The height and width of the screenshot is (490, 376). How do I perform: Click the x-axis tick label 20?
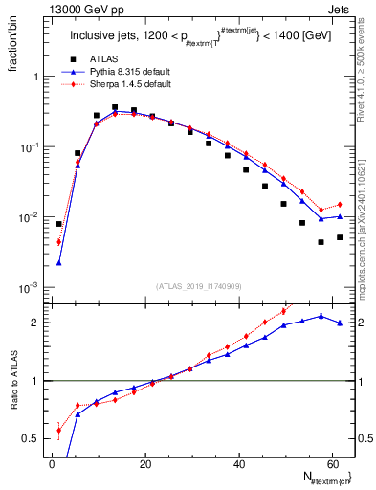point(145,463)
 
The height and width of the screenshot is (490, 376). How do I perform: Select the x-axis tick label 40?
point(239,463)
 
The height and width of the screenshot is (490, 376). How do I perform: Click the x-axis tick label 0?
point(53,463)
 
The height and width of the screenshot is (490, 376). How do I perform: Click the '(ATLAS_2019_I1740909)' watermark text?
point(199,286)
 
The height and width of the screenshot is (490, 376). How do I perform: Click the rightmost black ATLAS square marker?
point(340,237)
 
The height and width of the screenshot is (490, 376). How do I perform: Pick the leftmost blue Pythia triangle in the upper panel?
point(59,262)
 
